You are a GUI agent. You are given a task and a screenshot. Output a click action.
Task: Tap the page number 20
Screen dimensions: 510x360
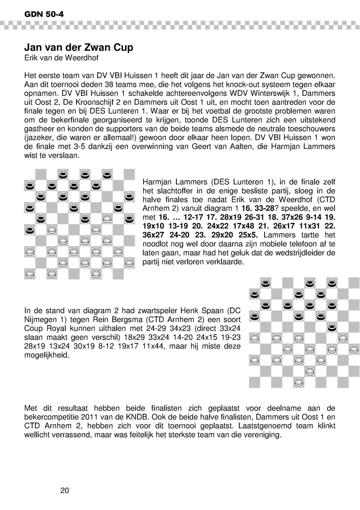[x=64, y=490]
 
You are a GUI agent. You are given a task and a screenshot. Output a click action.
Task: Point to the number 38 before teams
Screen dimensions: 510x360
[x=91, y=83]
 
